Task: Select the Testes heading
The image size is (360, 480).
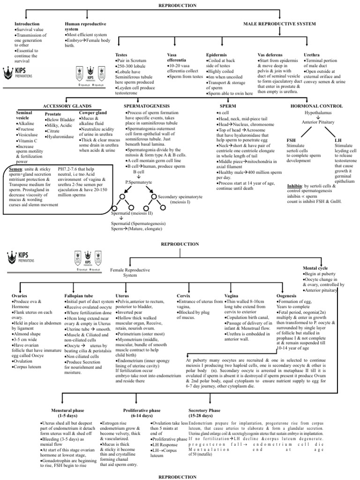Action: [121, 55]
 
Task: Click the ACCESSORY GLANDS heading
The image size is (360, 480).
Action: [67, 106]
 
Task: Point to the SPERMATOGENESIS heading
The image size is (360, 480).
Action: [146, 106]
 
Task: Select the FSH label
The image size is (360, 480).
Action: [291, 140]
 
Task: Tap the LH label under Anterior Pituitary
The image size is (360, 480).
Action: [338, 140]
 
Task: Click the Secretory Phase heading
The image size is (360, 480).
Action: [204, 410]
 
